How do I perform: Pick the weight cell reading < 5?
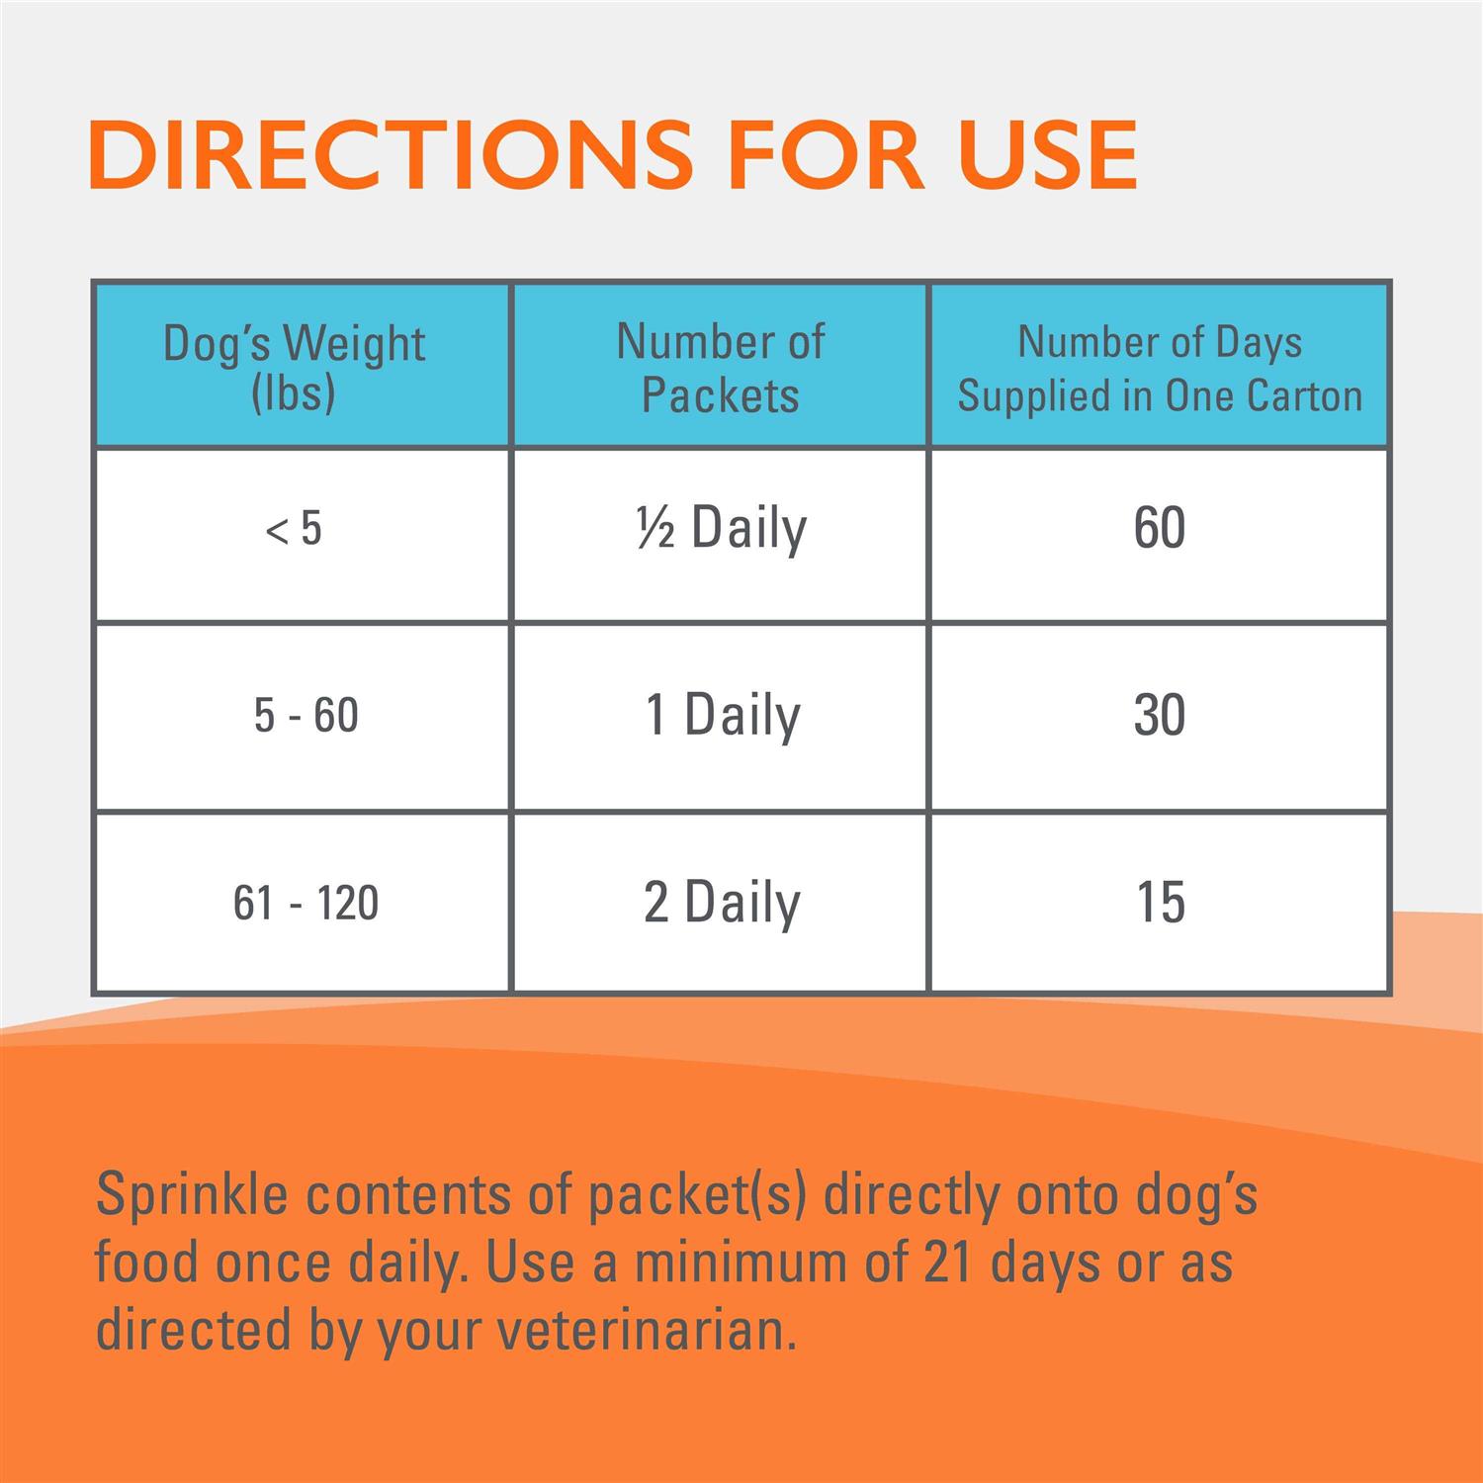(294, 529)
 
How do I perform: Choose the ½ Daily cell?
(722, 529)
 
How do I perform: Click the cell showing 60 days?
(1160, 529)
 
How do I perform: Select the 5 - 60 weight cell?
(305, 715)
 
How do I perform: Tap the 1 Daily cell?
(722, 715)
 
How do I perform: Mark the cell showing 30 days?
(1160, 715)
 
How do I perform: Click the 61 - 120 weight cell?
(305, 903)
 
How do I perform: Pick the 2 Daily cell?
(722, 903)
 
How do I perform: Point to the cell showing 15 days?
(1160, 903)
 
